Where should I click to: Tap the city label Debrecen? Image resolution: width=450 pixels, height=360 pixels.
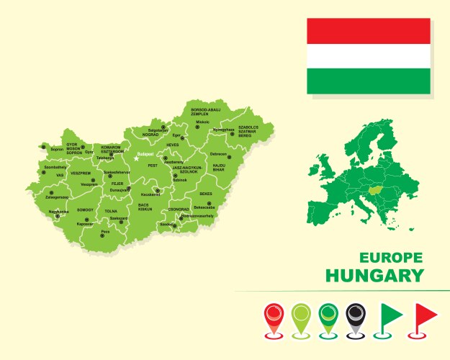point(218,153)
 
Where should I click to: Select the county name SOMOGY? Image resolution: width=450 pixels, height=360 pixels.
point(85,210)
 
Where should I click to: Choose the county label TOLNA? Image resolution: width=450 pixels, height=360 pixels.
point(111,211)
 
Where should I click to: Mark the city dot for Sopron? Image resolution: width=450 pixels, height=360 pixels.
point(43,147)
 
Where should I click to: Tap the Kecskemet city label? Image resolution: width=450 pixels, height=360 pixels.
point(150,194)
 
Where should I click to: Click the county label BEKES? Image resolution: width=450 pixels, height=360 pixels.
point(206,194)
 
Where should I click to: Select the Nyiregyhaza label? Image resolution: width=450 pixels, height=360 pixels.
point(224,130)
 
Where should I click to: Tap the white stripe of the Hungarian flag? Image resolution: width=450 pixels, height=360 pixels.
point(368,56)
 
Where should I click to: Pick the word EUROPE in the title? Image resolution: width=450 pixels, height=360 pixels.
point(391,258)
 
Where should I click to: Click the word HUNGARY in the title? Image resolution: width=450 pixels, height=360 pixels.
point(374,275)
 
